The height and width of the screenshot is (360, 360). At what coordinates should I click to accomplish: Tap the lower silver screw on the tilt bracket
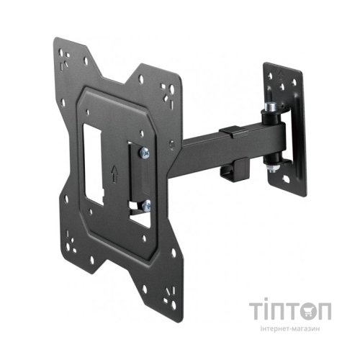click(x=145, y=205)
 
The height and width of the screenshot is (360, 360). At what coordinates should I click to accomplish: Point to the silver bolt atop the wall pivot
click(x=272, y=108)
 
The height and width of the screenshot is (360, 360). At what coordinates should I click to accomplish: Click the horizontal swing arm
click(x=209, y=148)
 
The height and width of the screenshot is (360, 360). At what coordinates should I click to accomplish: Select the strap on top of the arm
click(x=230, y=132)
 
